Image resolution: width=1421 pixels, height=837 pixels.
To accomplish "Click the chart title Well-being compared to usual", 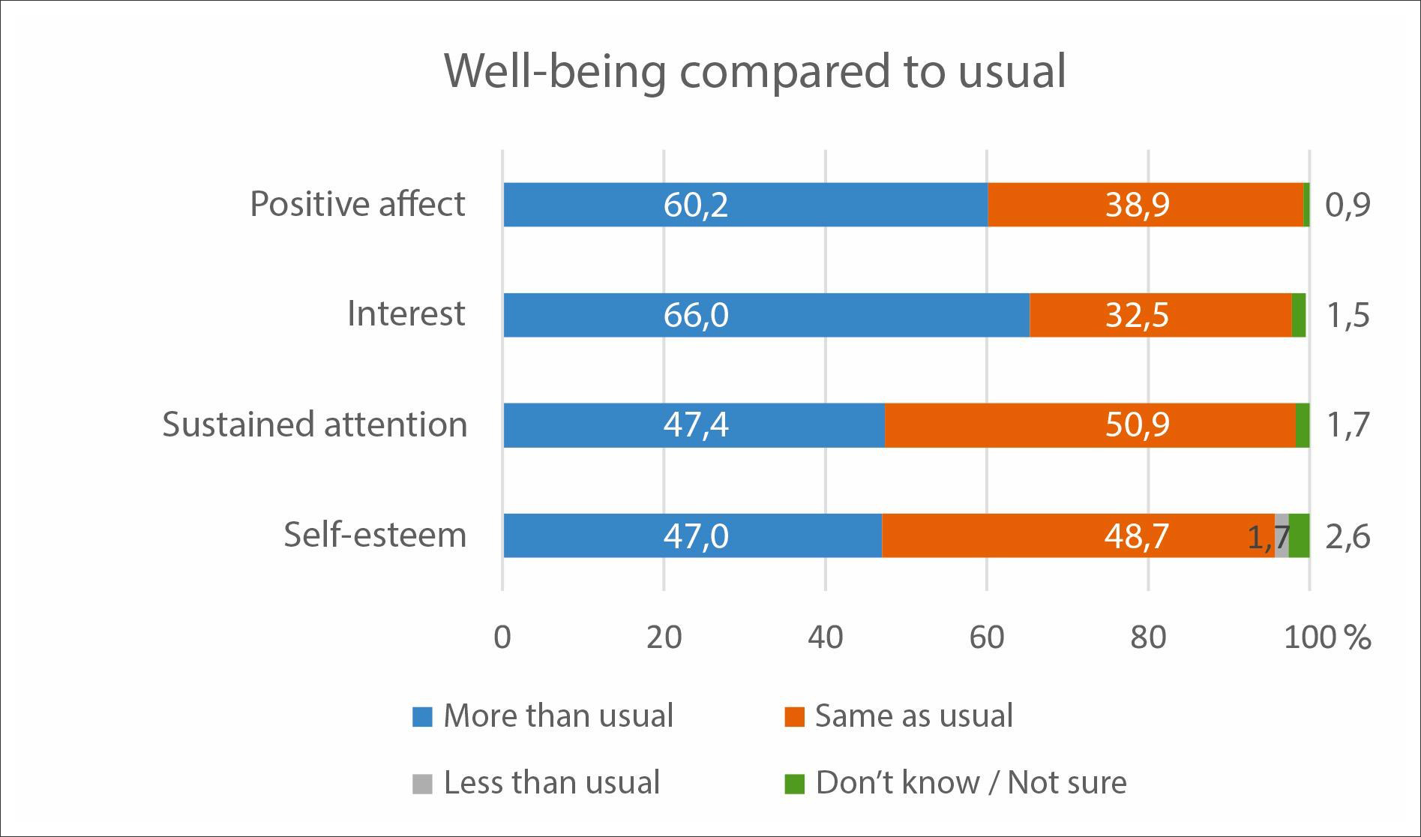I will click(x=754, y=71).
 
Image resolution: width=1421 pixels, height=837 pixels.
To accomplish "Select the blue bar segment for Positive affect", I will click(x=745, y=204).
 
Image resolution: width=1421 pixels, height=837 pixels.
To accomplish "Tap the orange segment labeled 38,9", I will click(x=1145, y=204).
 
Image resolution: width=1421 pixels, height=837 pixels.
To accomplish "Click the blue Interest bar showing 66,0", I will click(x=766, y=314).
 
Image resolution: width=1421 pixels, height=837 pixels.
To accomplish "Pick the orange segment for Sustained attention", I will click(x=1090, y=424).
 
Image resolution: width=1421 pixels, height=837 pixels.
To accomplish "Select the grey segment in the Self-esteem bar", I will click(x=1282, y=535).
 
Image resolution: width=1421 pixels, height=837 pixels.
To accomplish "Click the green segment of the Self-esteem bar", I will click(x=1300, y=535).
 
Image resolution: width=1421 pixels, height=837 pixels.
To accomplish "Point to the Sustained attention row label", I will click(x=315, y=424).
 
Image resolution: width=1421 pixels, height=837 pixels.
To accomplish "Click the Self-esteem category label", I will click(x=375, y=535).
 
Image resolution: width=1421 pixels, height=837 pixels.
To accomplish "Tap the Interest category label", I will click(x=406, y=313).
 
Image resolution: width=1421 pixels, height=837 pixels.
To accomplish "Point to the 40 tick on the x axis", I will click(x=825, y=637).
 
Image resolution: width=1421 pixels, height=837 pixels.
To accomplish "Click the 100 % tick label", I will click(x=1327, y=637).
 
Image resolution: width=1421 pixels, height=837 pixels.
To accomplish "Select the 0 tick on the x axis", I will click(x=502, y=637).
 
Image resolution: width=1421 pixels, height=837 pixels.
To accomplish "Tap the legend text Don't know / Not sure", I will click(x=970, y=783).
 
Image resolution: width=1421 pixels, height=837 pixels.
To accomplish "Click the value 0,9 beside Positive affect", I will click(x=1348, y=205).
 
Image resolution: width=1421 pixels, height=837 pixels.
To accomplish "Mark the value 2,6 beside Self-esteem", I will click(x=1348, y=537).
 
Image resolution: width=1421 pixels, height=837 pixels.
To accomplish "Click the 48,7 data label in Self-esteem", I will click(x=1137, y=535).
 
